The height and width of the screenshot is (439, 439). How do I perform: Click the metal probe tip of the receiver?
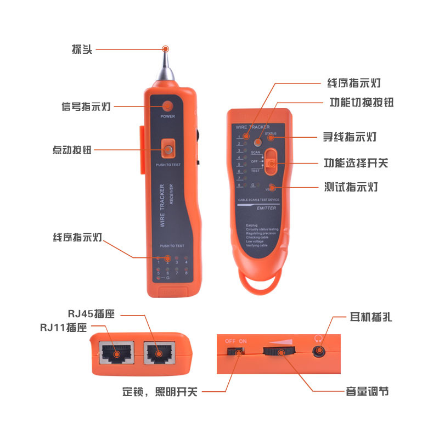tap(165, 61)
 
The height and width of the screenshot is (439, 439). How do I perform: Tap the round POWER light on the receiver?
tap(167, 106)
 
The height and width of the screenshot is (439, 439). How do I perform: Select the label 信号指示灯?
tap(86, 106)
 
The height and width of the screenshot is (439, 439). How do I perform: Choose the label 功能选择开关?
tap(356, 163)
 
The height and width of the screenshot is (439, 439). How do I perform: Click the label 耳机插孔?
tap(371, 317)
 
